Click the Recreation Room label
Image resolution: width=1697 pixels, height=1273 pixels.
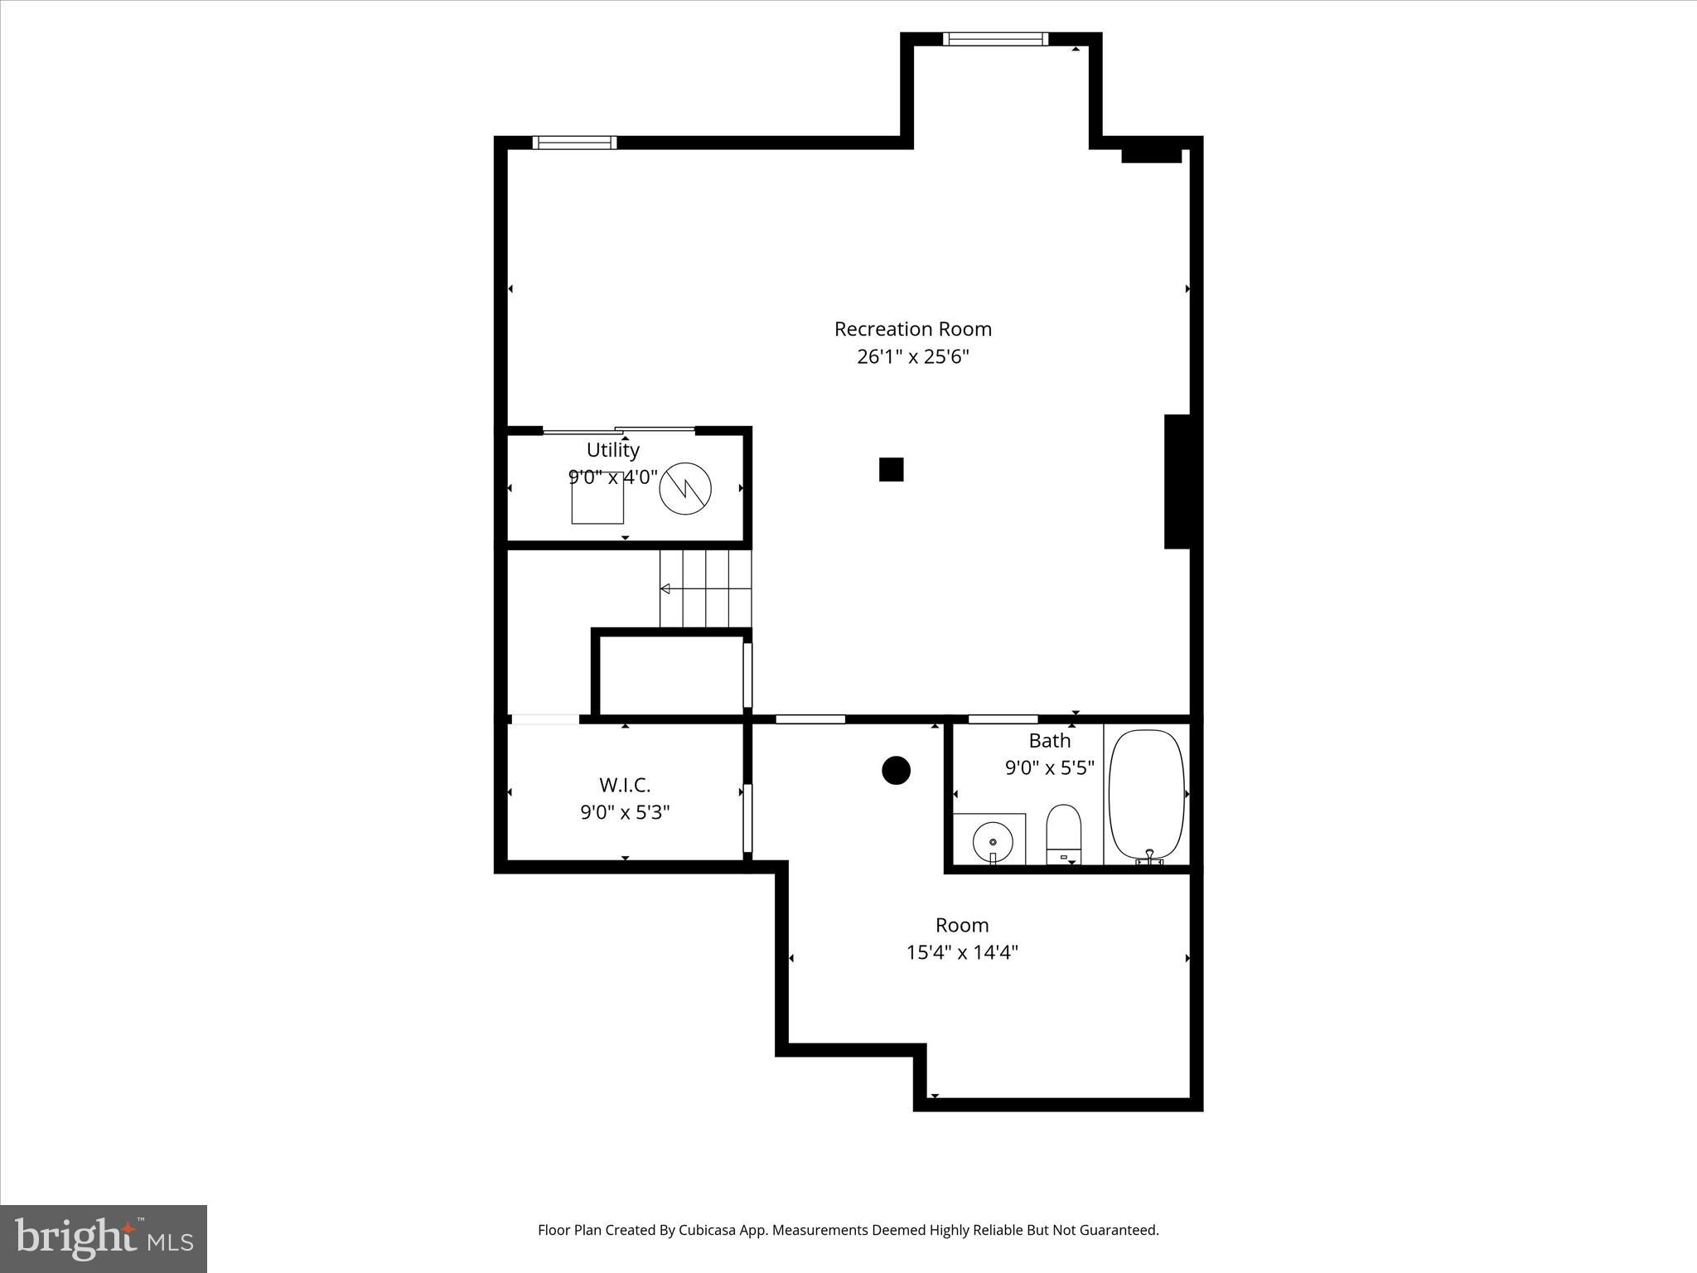912,329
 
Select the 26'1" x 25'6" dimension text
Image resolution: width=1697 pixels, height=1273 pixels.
912,357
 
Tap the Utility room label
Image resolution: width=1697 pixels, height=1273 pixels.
612,450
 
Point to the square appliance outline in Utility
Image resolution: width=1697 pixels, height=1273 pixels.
597,498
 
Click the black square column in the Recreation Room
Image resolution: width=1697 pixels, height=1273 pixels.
891,469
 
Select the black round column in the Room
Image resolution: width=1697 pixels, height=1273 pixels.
896,770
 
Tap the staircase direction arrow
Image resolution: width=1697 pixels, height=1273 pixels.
665,588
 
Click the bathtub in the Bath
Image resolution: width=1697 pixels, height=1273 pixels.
1147,794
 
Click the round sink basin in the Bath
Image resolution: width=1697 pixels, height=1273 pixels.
993,840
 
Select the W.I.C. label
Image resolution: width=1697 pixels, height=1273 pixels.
625,784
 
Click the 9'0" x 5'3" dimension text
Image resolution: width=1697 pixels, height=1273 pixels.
625,812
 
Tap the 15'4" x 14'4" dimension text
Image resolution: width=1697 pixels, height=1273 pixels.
962,952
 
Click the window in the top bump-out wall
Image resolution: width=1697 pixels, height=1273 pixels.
995,39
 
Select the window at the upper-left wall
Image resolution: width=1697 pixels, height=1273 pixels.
574,143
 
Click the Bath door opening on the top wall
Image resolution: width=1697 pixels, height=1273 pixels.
1003,719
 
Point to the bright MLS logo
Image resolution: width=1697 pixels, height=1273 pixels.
104,1238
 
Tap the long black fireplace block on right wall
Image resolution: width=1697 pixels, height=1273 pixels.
1177,482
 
